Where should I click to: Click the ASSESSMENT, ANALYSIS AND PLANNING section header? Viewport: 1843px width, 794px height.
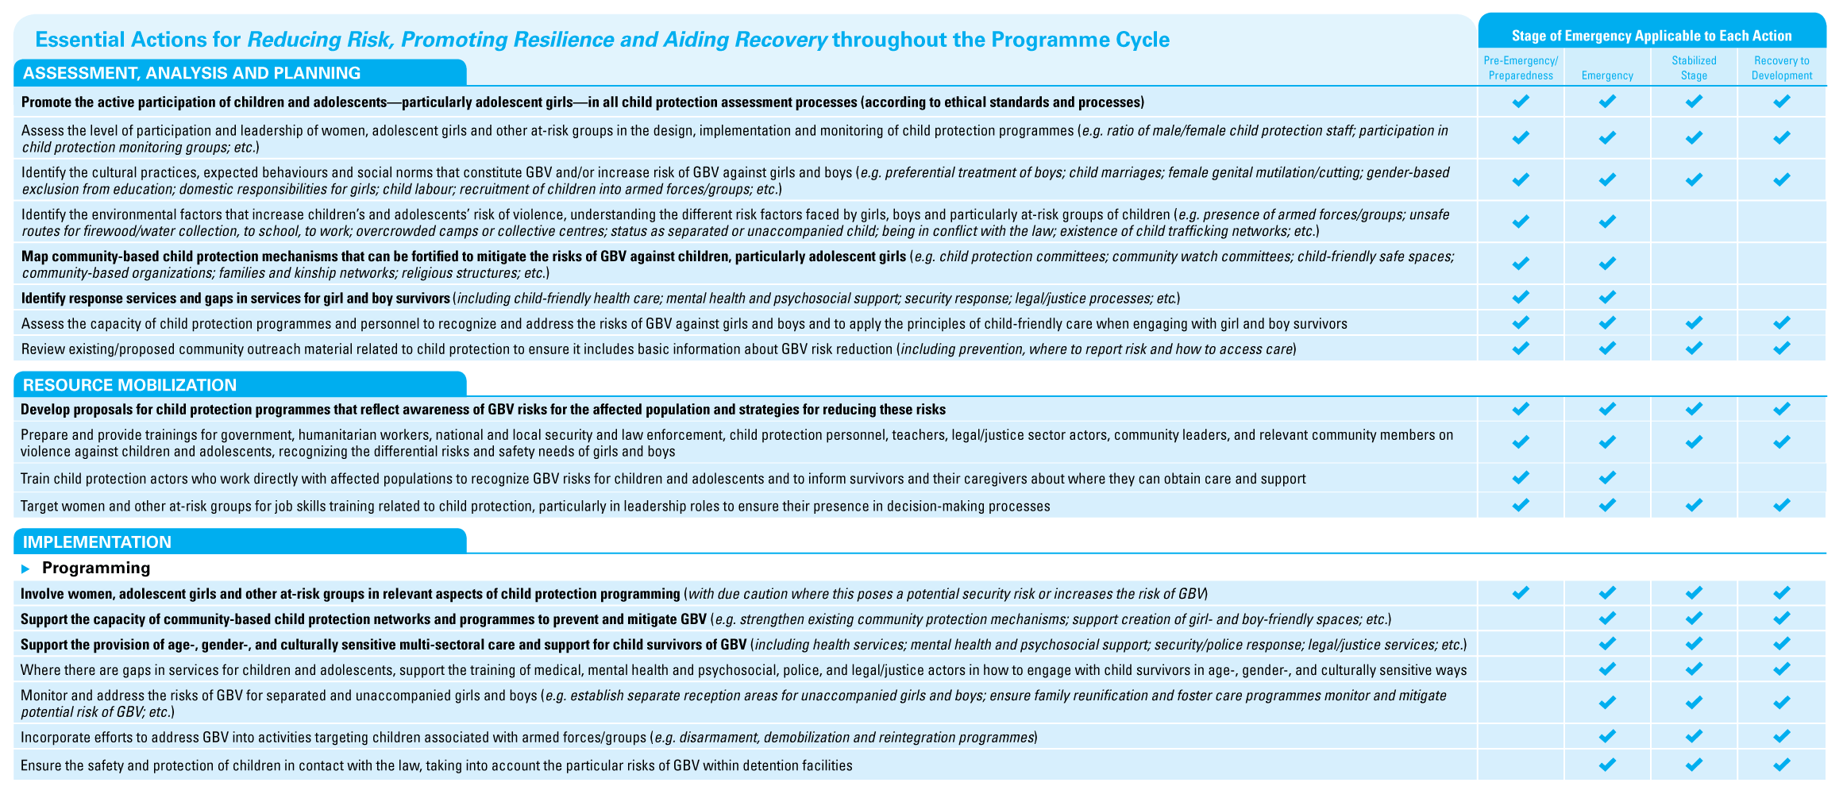pyautogui.click(x=192, y=73)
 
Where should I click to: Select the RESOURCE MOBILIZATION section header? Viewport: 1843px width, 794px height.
pyautogui.click(x=129, y=385)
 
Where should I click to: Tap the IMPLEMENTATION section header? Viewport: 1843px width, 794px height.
pyautogui.click(x=97, y=542)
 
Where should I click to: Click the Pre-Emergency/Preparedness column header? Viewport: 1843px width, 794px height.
pyautogui.click(x=1521, y=68)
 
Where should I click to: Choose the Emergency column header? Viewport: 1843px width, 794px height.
pyautogui.click(x=1607, y=75)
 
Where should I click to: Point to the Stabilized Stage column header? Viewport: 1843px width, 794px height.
pyautogui.click(x=1694, y=68)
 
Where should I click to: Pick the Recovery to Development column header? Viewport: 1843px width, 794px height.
pyautogui.click(x=1782, y=68)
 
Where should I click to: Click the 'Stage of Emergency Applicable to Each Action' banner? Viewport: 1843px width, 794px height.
pyautogui.click(x=1652, y=36)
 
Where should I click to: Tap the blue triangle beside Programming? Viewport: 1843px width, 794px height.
pyautogui.click(x=26, y=569)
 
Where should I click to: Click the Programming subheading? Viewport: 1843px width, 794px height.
pyautogui.click(x=96, y=568)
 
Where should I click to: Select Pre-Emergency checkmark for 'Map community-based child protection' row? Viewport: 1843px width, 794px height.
pyautogui.click(x=1521, y=264)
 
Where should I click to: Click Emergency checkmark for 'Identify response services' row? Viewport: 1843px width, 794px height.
pyautogui.click(x=1607, y=298)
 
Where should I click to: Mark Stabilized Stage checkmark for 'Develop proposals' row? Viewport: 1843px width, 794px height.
pyautogui.click(x=1694, y=409)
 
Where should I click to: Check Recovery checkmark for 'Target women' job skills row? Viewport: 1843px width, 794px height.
pyautogui.click(x=1782, y=505)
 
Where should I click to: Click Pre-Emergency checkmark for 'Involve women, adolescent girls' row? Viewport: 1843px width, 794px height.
pyautogui.click(x=1521, y=593)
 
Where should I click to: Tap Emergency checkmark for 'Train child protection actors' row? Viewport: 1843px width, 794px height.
pyautogui.click(x=1607, y=478)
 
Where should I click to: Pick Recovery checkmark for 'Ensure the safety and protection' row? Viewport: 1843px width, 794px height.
pyautogui.click(x=1782, y=765)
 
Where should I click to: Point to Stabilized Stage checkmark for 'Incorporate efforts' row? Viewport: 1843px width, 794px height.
pyautogui.click(x=1694, y=737)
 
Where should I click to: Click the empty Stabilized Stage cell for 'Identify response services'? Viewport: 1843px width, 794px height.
pyautogui.click(x=1694, y=298)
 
